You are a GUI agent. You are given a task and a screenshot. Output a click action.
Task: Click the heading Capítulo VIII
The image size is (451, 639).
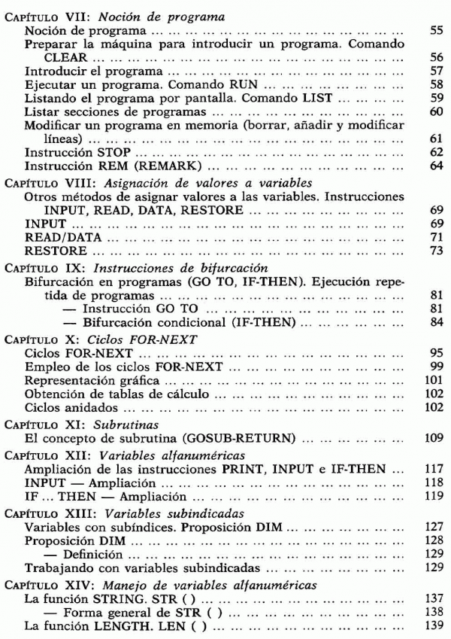(x=49, y=184)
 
